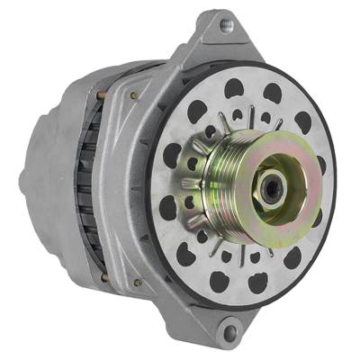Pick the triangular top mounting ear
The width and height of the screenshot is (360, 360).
click(216, 40)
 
